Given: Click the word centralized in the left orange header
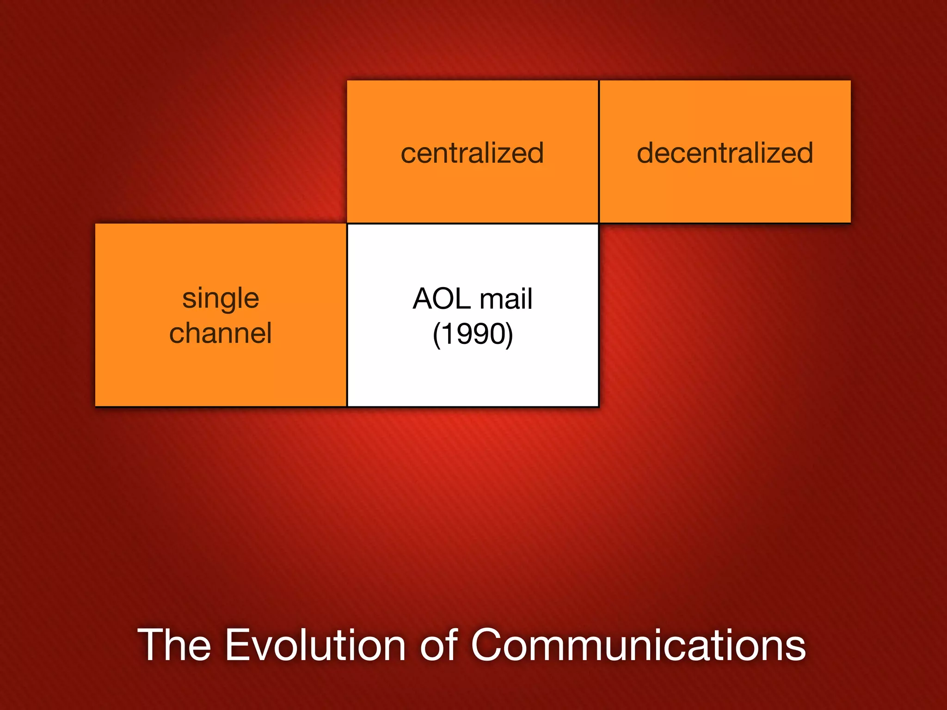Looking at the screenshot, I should coord(472,153).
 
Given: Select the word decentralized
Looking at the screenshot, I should coord(725,153).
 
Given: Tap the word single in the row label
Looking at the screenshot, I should coord(221,299).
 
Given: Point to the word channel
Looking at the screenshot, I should coord(221,333).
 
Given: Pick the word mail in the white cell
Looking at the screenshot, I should coord(506,299).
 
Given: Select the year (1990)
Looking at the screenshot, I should coord(473,334).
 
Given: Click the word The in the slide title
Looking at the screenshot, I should coord(174,645).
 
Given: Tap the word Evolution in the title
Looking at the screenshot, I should coord(315,645).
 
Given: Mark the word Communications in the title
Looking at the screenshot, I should coord(638,645).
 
